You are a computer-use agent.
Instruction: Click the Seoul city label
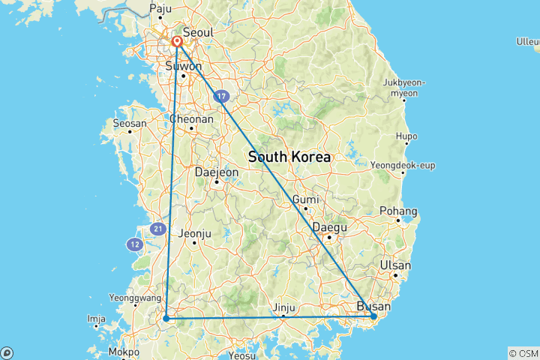click(x=198, y=32)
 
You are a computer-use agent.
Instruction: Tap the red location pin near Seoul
click(x=178, y=42)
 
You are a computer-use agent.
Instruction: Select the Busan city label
click(x=373, y=306)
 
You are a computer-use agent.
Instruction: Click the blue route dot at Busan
click(x=373, y=317)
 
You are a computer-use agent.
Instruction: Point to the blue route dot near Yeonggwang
click(x=166, y=319)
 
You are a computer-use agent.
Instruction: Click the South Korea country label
click(x=289, y=157)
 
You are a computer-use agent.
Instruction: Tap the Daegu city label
click(x=329, y=227)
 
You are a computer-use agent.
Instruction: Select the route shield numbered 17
click(x=220, y=96)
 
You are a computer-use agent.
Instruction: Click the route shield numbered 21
click(x=157, y=229)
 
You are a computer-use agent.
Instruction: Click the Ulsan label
click(x=395, y=265)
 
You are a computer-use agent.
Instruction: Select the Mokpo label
click(x=123, y=352)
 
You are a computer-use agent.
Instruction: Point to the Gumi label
click(x=306, y=199)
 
